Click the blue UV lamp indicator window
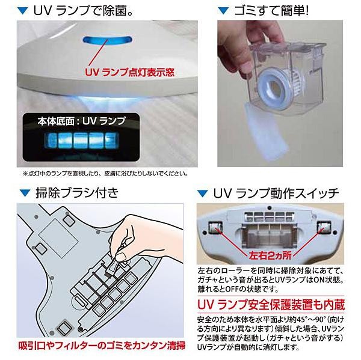pos(107,40)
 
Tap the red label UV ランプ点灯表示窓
pos(129,72)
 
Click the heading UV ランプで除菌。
pos(84,11)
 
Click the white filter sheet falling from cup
pos(266,133)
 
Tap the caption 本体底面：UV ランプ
pos(82,121)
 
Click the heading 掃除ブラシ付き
pos(77,193)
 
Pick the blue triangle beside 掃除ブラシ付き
pos(25,193)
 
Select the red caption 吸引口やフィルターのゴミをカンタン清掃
pos(102,346)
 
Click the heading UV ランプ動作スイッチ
pos(276,194)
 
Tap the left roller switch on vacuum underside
pos(215,227)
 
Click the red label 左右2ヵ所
pos(270,255)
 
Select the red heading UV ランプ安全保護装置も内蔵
pos(271,305)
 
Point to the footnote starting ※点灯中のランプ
pos(105,174)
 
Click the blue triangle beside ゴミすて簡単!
pos(223,11)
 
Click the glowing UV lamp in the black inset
pos(82,141)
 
